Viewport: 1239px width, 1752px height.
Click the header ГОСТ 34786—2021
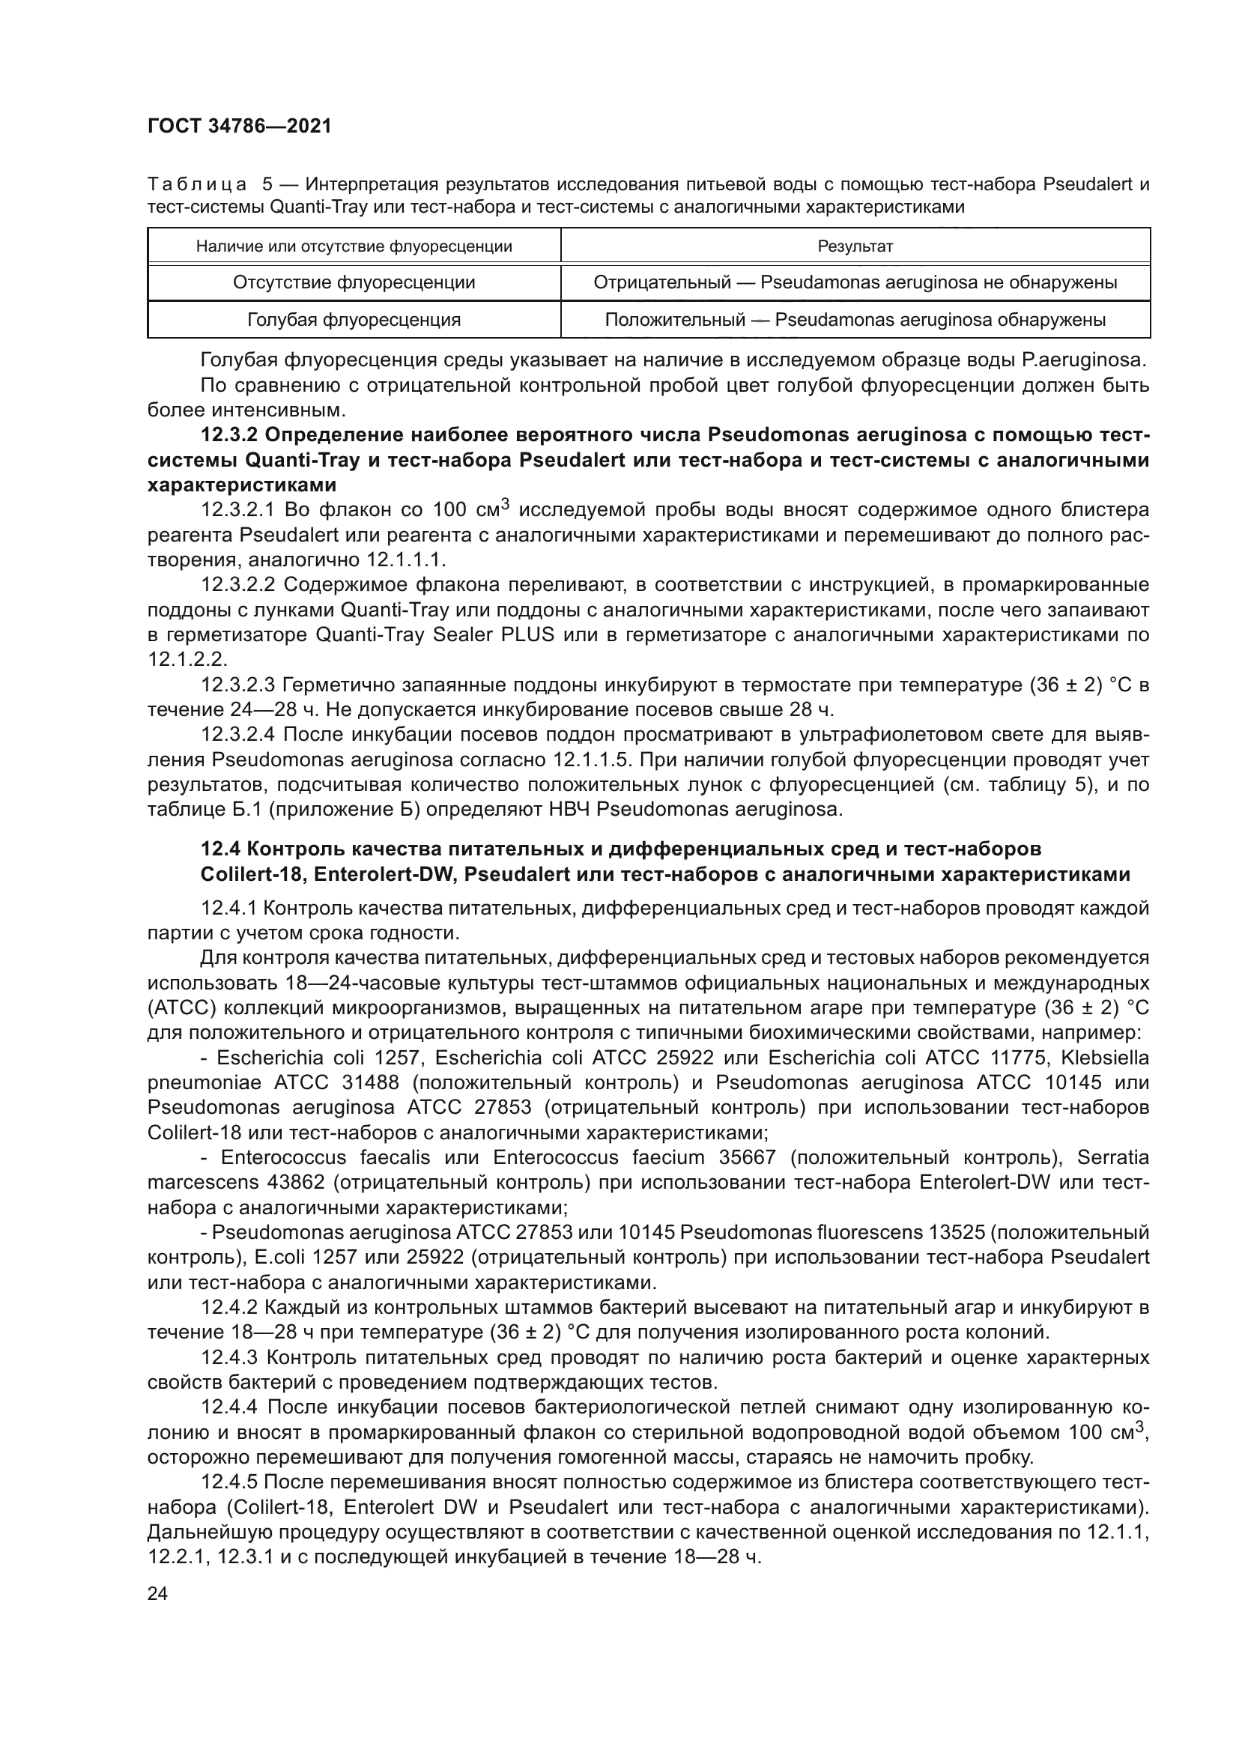(x=239, y=127)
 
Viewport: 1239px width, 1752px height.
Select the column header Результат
(x=855, y=246)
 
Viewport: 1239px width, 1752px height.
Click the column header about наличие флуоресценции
(x=354, y=246)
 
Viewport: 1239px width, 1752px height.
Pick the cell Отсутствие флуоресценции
(x=354, y=283)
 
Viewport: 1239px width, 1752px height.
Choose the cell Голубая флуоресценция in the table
(x=354, y=320)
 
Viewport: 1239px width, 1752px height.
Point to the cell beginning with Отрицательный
(x=855, y=283)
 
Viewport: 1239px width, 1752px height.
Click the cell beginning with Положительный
(x=855, y=320)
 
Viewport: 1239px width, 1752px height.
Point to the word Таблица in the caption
(x=197, y=185)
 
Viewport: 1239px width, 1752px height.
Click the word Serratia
(x=1112, y=1157)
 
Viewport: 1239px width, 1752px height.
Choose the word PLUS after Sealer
(x=528, y=635)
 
